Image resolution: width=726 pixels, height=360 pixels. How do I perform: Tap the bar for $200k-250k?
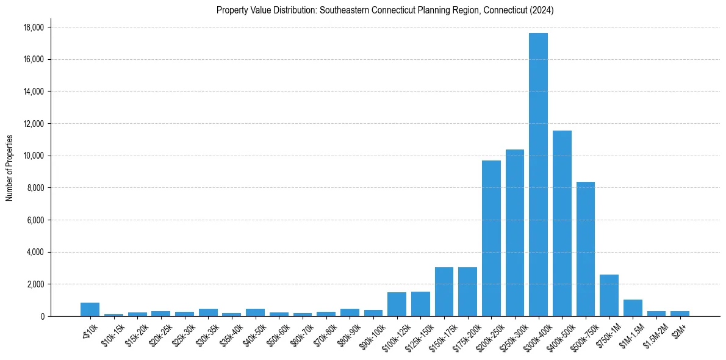[491, 238]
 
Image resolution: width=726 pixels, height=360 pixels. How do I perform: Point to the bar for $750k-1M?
[609, 295]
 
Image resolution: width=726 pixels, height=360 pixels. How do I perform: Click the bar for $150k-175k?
[444, 292]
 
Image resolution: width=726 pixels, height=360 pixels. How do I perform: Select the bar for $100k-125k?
[397, 304]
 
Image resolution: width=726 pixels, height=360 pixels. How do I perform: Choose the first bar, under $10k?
[90, 309]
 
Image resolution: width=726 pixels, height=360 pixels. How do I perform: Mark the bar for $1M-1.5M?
[633, 308]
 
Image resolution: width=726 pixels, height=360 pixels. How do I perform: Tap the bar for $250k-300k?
[515, 232]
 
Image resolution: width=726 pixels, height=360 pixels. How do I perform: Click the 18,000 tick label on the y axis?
[34, 27]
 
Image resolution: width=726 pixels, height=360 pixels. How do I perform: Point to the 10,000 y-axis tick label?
[34, 156]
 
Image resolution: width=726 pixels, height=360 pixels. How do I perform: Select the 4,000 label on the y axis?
[35, 252]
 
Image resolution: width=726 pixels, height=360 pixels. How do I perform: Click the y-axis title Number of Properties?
[10, 167]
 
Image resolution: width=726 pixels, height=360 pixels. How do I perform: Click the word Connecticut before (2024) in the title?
[508, 10]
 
